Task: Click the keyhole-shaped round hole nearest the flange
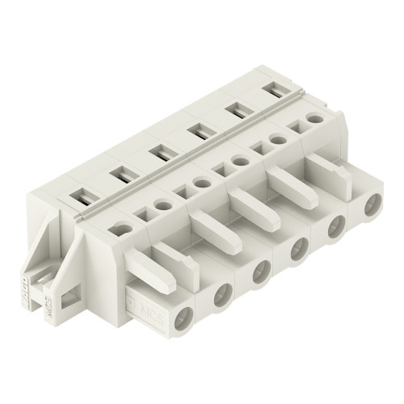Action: coord(122,228)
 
